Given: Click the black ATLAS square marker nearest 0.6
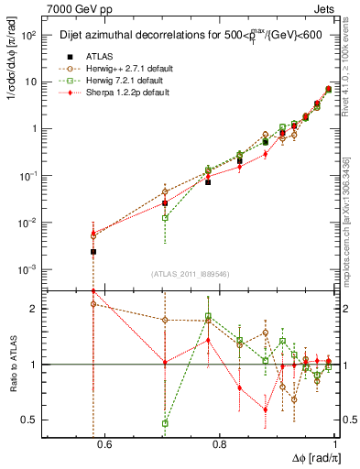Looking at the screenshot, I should click(93, 251).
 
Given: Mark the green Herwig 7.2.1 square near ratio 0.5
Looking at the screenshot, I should click(165, 423).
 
